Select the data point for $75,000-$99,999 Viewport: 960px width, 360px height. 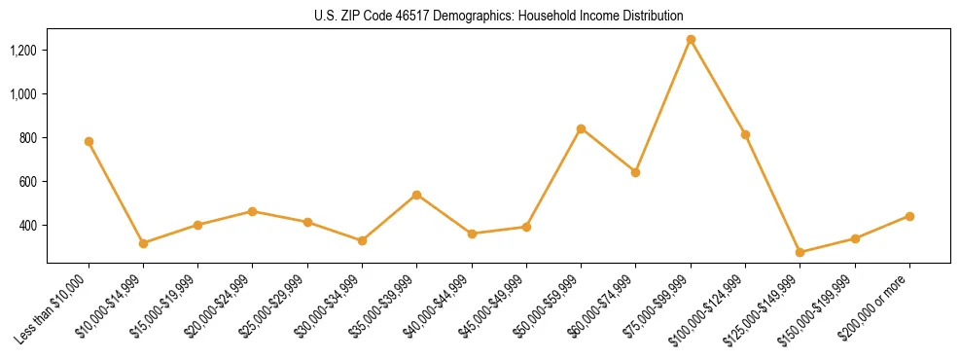[691, 40]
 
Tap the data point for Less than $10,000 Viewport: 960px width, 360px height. [89, 141]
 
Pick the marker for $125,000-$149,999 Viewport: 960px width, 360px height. [800, 252]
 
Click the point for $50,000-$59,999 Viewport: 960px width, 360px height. [581, 128]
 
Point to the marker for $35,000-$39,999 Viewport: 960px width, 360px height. [416, 195]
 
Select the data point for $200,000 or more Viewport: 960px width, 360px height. [909, 216]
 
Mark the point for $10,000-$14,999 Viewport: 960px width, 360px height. [143, 243]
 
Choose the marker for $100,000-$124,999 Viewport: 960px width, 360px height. [745, 134]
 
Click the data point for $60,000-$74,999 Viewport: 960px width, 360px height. [635, 172]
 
